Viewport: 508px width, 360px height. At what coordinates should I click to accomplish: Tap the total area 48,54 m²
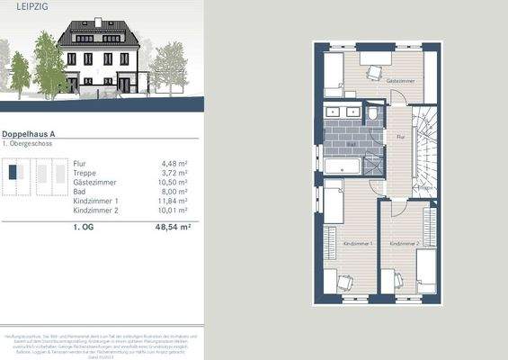[173, 229]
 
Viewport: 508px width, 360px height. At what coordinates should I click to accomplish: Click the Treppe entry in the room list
[85, 172]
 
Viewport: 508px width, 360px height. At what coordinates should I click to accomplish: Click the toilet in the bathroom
[373, 115]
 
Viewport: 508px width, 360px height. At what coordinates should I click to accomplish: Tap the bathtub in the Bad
[342, 167]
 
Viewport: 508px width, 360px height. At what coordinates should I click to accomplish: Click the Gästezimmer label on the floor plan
[399, 81]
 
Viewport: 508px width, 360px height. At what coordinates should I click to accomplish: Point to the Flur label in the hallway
[399, 137]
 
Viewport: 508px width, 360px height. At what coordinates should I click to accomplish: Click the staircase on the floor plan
[424, 144]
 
